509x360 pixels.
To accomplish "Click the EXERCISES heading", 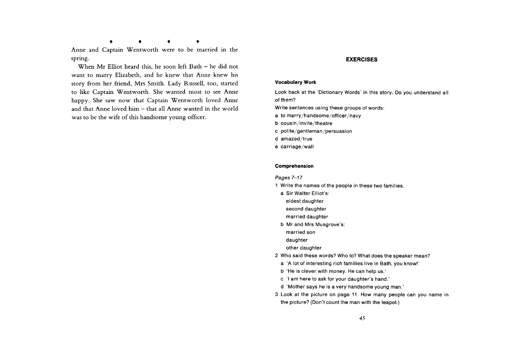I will [361, 60].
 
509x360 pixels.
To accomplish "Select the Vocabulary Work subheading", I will [295, 83].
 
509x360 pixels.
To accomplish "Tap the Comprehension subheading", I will [294, 166].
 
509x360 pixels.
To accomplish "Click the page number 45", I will [362, 318].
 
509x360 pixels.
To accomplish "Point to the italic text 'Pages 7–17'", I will [289, 178].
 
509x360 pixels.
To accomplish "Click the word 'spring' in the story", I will [79, 58].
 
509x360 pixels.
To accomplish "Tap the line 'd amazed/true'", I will [293, 139].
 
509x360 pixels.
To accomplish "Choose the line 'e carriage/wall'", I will [294, 147].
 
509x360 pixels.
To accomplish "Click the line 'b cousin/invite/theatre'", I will [303, 123].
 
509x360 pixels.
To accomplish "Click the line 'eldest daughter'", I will [304, 201].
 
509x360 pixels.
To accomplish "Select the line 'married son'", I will [300, 233].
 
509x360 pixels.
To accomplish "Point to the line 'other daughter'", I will [303, 248].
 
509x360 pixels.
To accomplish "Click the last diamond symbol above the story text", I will [197, 42].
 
